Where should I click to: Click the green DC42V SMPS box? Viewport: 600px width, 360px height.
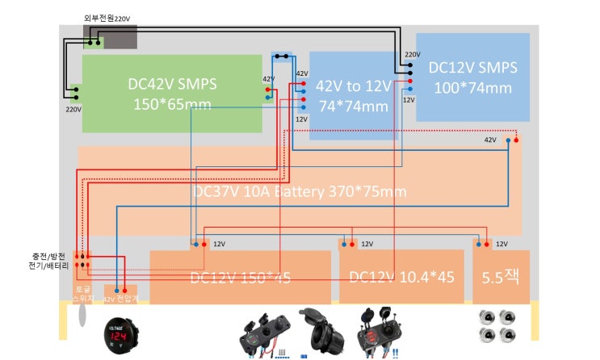tap(172, 93)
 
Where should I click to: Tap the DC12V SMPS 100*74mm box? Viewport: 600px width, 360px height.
tap(472, 77)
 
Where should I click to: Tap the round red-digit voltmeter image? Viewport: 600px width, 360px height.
tap(118, 334)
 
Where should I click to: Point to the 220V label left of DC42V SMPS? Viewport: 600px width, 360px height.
tap(73, 107)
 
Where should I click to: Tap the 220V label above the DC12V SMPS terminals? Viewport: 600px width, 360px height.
tap(412, 55)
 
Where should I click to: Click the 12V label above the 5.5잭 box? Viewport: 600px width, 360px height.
tap(501, 244)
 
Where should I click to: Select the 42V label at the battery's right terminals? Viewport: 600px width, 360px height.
tap(490, 140)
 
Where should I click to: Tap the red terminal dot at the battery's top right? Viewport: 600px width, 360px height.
tap(516, 141)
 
